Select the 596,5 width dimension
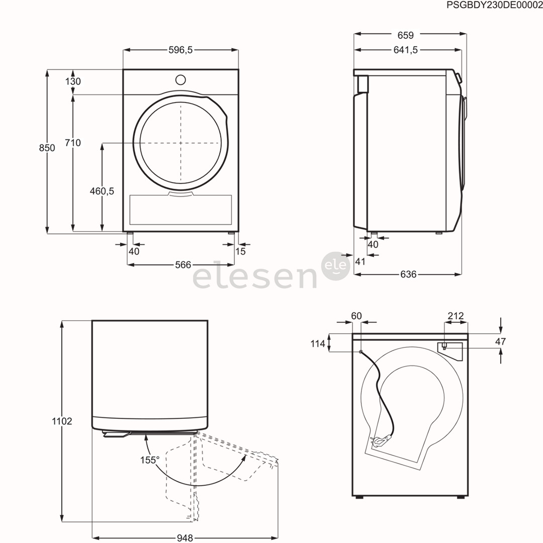pyautogui.click(x=180, y=50)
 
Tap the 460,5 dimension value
pyautogui.click(x=102, y=191)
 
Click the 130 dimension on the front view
pyautogui.click(x=73, y=81)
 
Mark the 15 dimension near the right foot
pyautogui.click(x=241, y=251)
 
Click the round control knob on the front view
pyautogui.click(x=180, y=79)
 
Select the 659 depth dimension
pyautogui.click(x=405, y=35)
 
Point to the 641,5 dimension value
pyautogui.click(x=405, y=50)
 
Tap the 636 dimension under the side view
pyautogui.click(x=408, y=274)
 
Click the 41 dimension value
pyautogui.click(x=359, y=261)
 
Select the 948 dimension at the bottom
pyautogui.click(x=185, y=538)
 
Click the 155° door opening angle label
pyautogui.click(x=150, y=460)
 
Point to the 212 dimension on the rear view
pyautogui.click(x=455, y=316)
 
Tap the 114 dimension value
pyautogui.click(x=317, y=343)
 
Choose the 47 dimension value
pyautogui.click(x=500, y=341)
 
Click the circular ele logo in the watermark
pyautogui.click(x=335, y=265)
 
